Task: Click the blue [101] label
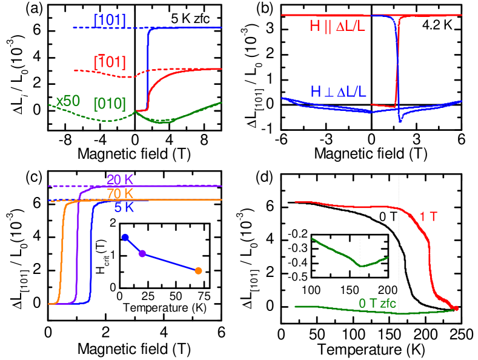point(110,20)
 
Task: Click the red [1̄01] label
point(110,62)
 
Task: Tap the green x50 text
point(68,101)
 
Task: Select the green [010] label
point(110,104)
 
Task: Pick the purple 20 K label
point(120,179)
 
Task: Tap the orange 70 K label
point(120,194)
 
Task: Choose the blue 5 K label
point(124,208)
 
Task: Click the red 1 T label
point(428,216)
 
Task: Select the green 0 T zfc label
point(377,303)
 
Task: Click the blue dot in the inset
point(125,237)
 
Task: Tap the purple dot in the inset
point(142,253)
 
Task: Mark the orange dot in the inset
point(198,271)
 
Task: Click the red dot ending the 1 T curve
point(456,308)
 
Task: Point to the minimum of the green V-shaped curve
point(361,265)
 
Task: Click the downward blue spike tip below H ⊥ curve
point(399,121)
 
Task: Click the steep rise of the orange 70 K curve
point(61,255)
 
